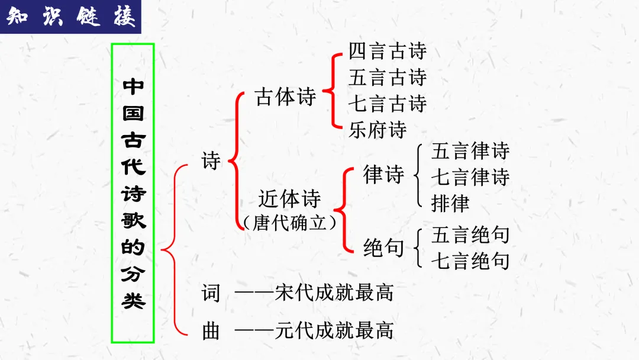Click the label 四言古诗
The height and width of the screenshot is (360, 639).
coord(388,52)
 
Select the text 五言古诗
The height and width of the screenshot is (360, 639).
coord(388,78)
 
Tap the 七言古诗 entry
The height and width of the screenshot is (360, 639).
coord(388,104)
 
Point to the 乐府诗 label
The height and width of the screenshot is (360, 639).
coord(377,130)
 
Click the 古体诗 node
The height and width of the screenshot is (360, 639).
coord(286,97)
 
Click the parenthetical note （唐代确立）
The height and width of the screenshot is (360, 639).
coord(289,222)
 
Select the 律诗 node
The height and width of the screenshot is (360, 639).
coord(383,175)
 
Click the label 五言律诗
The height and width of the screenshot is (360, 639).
coord(470,151)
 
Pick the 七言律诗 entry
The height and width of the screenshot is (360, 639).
coord(470,177)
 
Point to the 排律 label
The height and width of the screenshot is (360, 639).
coord(451,203)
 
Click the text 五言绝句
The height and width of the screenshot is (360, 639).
coord(470,234)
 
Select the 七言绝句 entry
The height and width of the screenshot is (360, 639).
coord(470,261)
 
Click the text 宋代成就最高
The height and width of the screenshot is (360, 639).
coord(334,292)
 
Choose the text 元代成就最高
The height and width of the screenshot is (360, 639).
coord(334,330)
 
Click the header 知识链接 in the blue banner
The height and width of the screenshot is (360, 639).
coord(71,17)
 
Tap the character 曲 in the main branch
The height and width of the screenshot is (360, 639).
coord(211,330)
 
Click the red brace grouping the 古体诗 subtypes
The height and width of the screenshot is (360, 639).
coord(335,90)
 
